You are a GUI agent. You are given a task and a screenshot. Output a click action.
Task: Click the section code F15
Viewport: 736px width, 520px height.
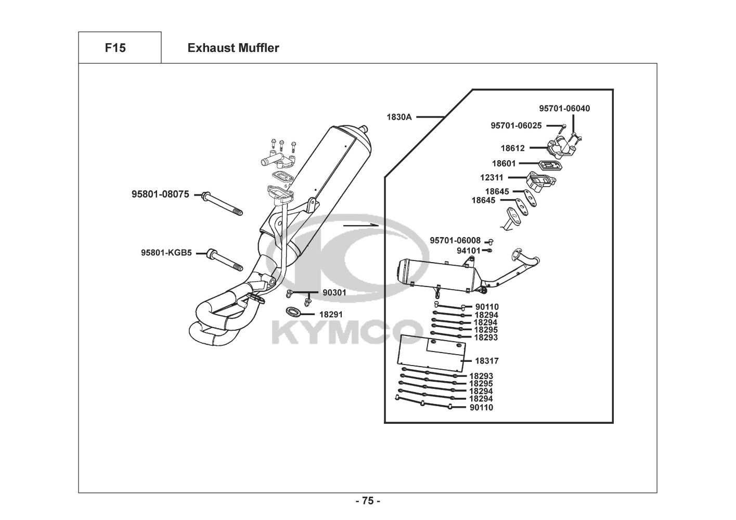(115, 48)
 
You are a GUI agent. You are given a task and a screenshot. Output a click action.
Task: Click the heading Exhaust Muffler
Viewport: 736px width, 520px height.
(234, 48)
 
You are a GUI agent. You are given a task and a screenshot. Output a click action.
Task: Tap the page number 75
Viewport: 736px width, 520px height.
(368, 501)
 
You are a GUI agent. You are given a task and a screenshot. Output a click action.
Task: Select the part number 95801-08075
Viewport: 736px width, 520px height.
(160, 194)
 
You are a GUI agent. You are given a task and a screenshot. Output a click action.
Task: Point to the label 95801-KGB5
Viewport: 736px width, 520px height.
(166, 253)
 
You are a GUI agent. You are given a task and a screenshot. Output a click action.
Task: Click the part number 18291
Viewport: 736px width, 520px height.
(331, 315)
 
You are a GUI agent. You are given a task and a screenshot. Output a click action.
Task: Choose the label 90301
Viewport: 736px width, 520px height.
(334, 292)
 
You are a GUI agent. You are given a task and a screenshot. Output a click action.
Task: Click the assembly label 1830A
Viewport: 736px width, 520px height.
(399, 117)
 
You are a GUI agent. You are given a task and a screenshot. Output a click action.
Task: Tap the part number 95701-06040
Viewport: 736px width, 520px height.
(564, 108)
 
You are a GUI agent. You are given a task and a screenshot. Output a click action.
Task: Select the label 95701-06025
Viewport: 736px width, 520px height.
(516, 125)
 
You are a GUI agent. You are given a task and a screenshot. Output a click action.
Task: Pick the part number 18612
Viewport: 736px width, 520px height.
(512, 148)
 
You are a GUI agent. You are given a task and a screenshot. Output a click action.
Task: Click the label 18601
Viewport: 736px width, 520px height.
(503, 163)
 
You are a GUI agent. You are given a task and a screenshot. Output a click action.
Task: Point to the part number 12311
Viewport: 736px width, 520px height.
(492, 178)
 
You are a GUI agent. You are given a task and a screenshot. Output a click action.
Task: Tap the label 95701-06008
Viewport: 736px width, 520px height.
(455, 240)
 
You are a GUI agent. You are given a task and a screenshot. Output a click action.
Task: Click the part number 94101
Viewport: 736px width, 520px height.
(469, 251)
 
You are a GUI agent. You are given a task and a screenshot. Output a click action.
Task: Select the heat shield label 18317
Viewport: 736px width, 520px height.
(487, 361)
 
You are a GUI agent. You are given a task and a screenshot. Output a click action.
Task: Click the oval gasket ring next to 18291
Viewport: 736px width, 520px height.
(293, 311)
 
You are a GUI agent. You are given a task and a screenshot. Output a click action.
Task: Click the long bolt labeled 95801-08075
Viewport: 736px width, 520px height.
(222, 204)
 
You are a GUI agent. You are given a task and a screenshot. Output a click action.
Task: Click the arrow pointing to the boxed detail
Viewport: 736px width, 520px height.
(361, 225)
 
